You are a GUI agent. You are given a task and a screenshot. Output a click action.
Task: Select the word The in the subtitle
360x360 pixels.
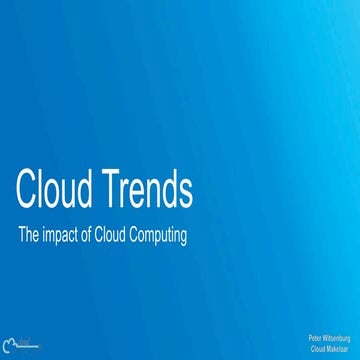pos(31,236)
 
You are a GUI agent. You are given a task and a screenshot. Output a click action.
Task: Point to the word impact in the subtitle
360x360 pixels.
pos(65,237)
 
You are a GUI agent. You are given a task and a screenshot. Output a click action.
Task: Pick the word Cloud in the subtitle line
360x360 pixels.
pos(126,236)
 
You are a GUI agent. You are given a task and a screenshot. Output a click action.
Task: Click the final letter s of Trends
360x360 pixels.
pos(185,193)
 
